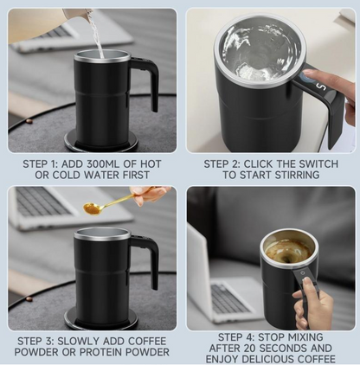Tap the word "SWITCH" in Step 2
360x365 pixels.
(x=295, y=163)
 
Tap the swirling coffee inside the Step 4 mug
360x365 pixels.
(x=288, y=251)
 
